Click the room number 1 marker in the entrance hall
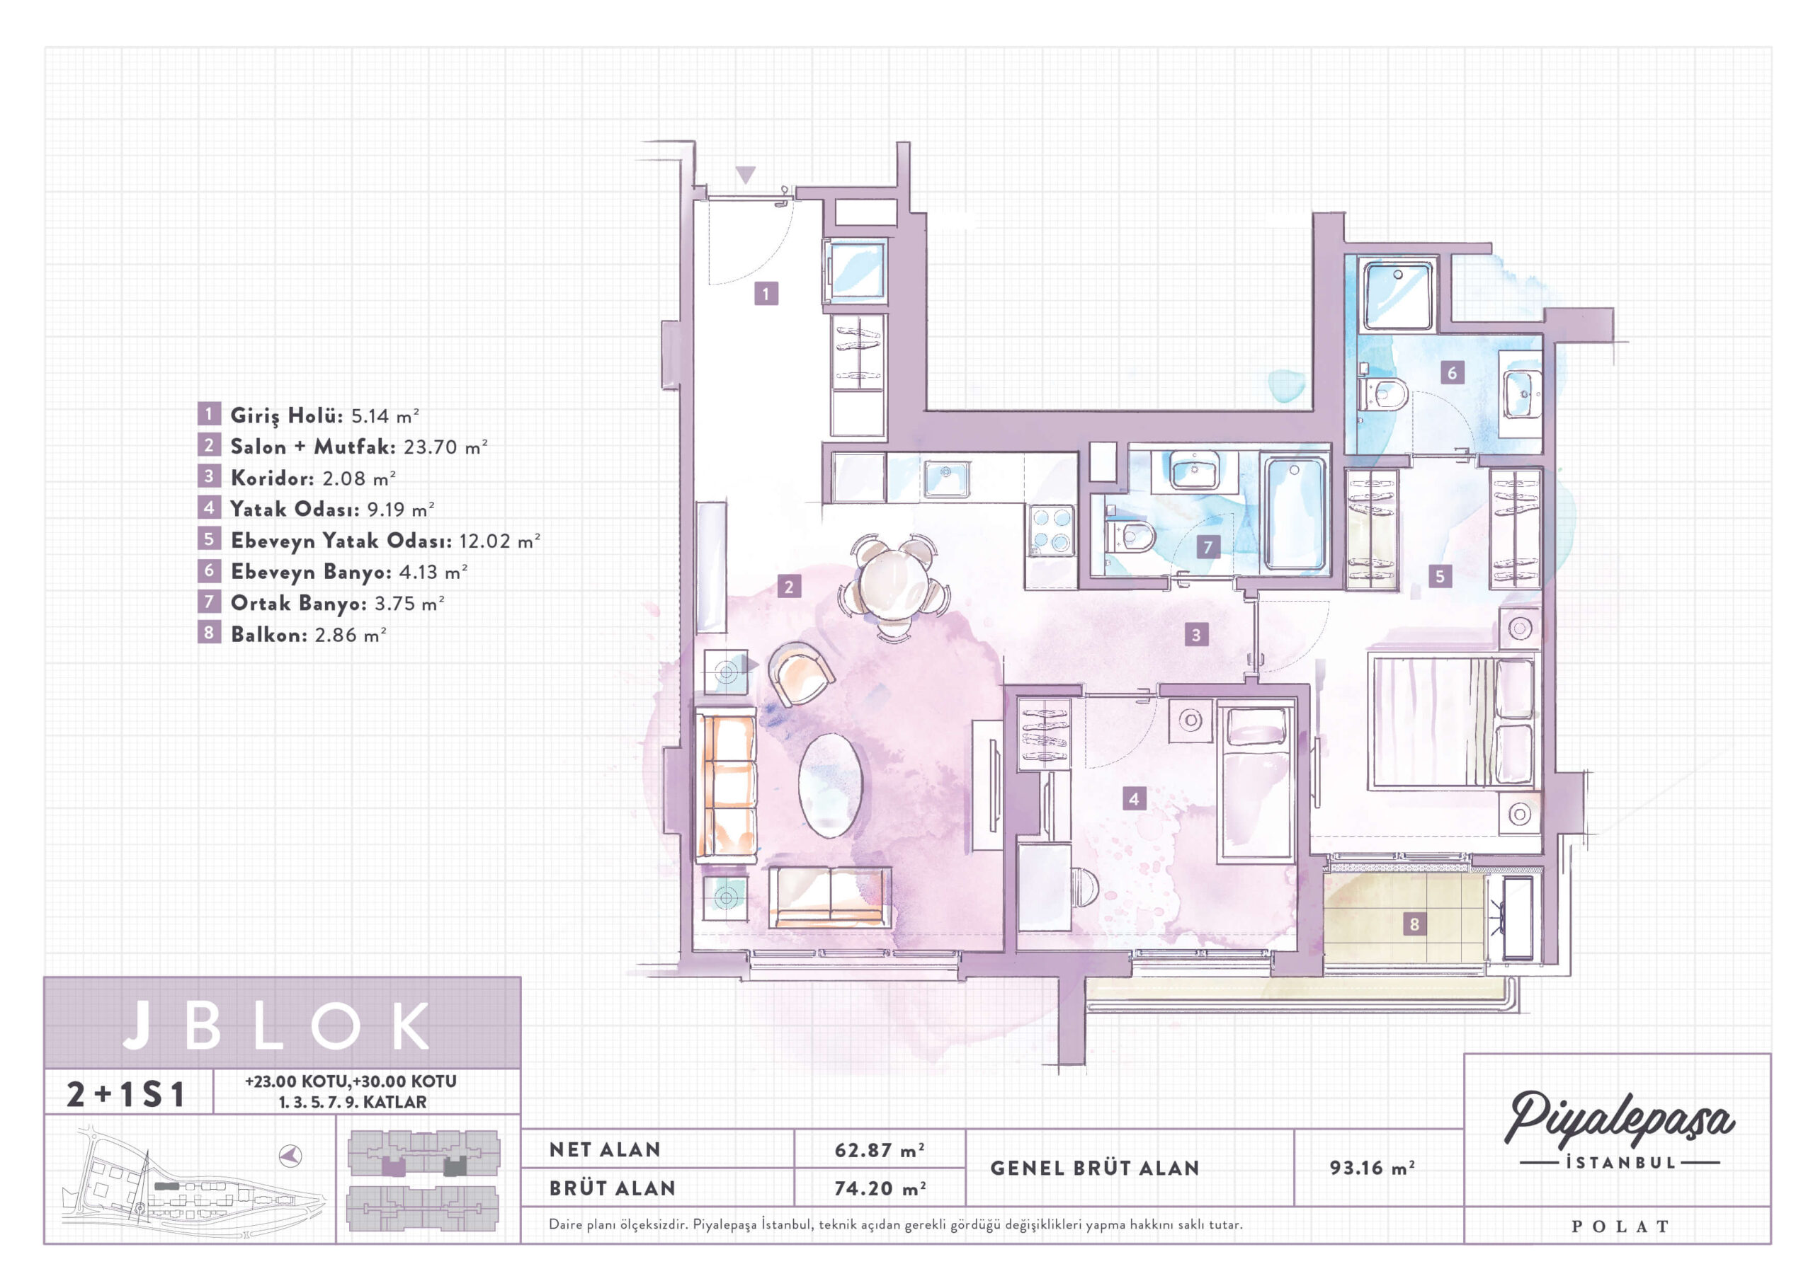[x=765, y=294]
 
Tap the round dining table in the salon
[x=894, y=582]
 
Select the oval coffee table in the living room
[x=830, y=786]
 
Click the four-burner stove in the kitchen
[x=1051, y=530]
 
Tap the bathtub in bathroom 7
[x=1295, y=514]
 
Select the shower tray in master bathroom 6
[x=1398, y=296]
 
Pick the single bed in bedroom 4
[x=1256, y=781]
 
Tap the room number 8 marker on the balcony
[x=1414, y=924]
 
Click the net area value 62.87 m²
[x=879, y=1150]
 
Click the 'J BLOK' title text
[x=277, y=1026]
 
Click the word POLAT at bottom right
[x=1620, y=1227]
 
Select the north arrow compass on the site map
[x=290, y=1156]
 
